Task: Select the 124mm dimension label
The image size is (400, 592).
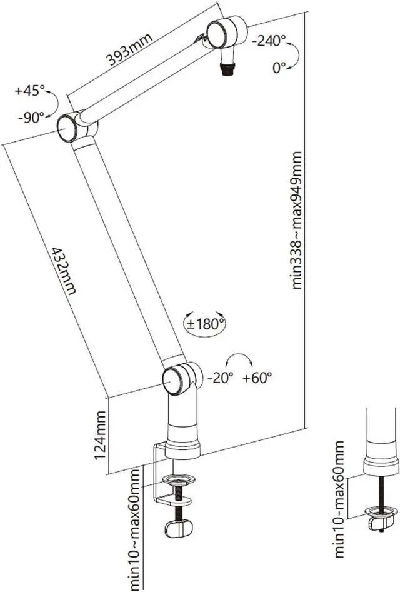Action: pyautogui.click(x=101, y=436)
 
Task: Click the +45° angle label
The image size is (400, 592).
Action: pyautogui.click(x=30, y=91)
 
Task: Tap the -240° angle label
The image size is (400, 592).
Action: pyautogui.click(x=269, y=41)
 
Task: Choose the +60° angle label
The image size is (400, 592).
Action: pyautogui.click(x=258, y=378)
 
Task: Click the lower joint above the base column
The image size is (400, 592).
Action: pyautogui.click(x=177, y=379)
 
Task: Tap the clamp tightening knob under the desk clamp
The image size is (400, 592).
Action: pyautogui.click(x=179, y=529)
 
